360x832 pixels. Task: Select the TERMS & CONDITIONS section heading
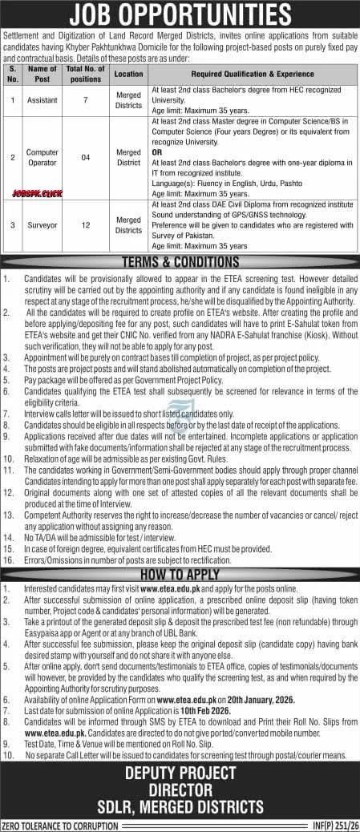click(x=180, y=262)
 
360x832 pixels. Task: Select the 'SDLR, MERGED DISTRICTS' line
click(x=180, y=806)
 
